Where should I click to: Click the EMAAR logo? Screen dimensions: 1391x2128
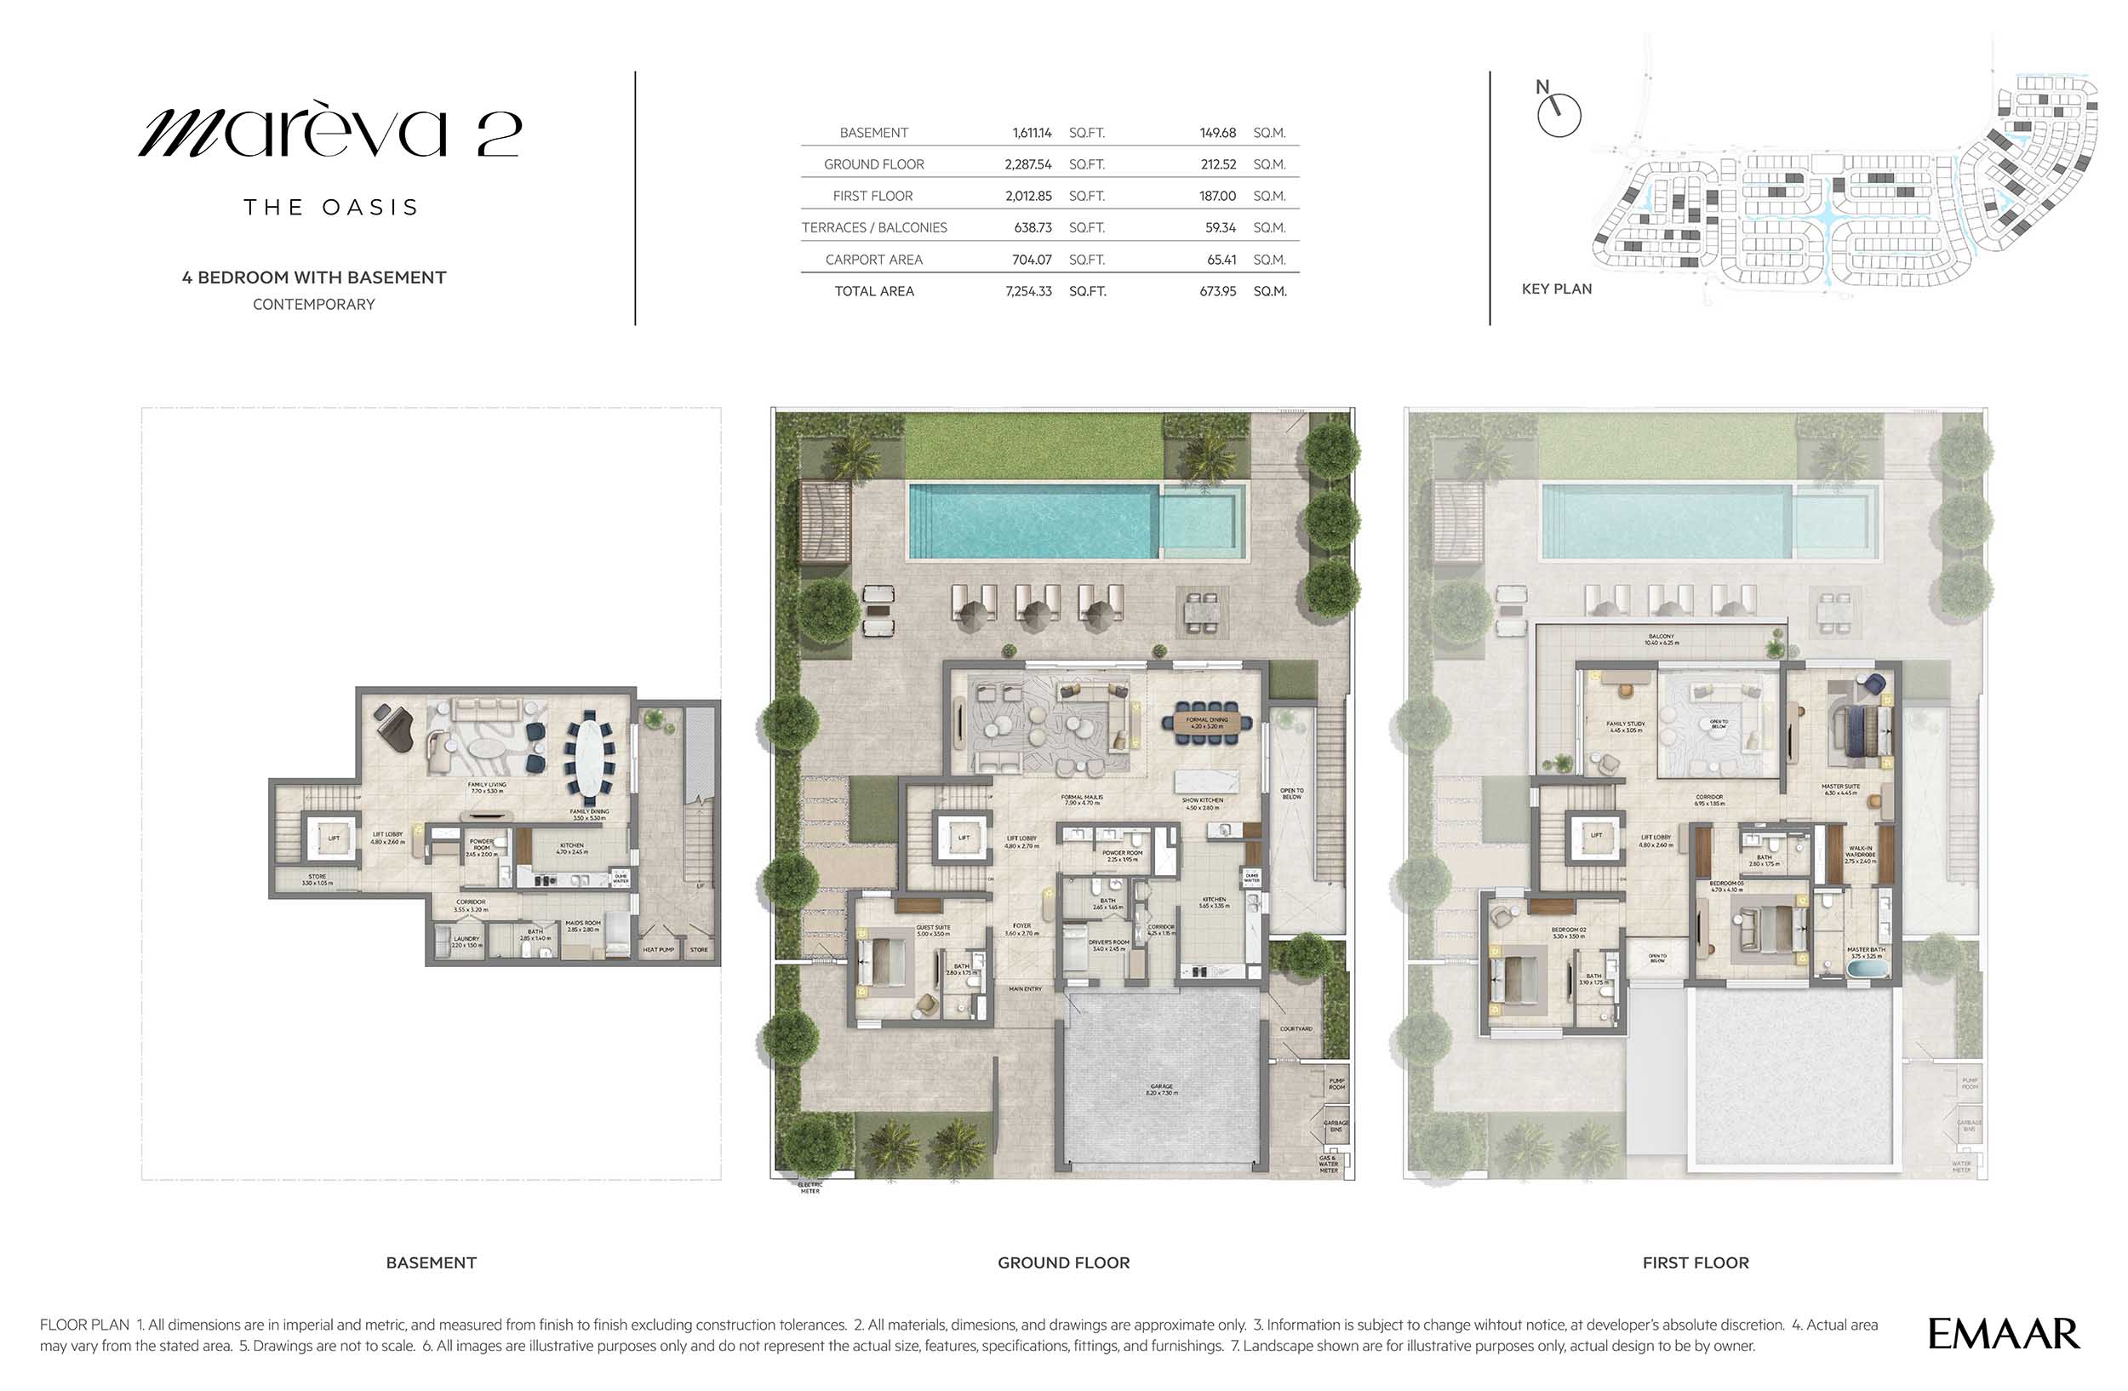2003,1334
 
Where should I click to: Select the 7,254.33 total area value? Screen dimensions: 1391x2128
1028,291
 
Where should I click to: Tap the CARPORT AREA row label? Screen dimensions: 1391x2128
873,260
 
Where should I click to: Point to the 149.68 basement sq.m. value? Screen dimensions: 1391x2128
1217,133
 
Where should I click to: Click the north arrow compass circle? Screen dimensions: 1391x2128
1559,115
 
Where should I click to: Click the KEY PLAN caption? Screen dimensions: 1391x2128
1557,289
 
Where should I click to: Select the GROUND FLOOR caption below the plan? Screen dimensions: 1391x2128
1063,1262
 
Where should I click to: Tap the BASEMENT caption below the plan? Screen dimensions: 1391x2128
431,1262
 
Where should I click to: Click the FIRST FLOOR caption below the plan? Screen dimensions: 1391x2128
1696,1262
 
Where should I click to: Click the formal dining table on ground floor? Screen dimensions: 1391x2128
1207,724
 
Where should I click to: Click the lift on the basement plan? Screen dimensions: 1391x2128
333,839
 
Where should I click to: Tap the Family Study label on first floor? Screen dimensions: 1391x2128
1626,726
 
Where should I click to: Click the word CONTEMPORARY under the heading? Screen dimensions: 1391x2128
314,305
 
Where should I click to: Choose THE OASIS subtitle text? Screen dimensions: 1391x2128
331,208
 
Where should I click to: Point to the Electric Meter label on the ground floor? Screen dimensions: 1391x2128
810,1188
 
